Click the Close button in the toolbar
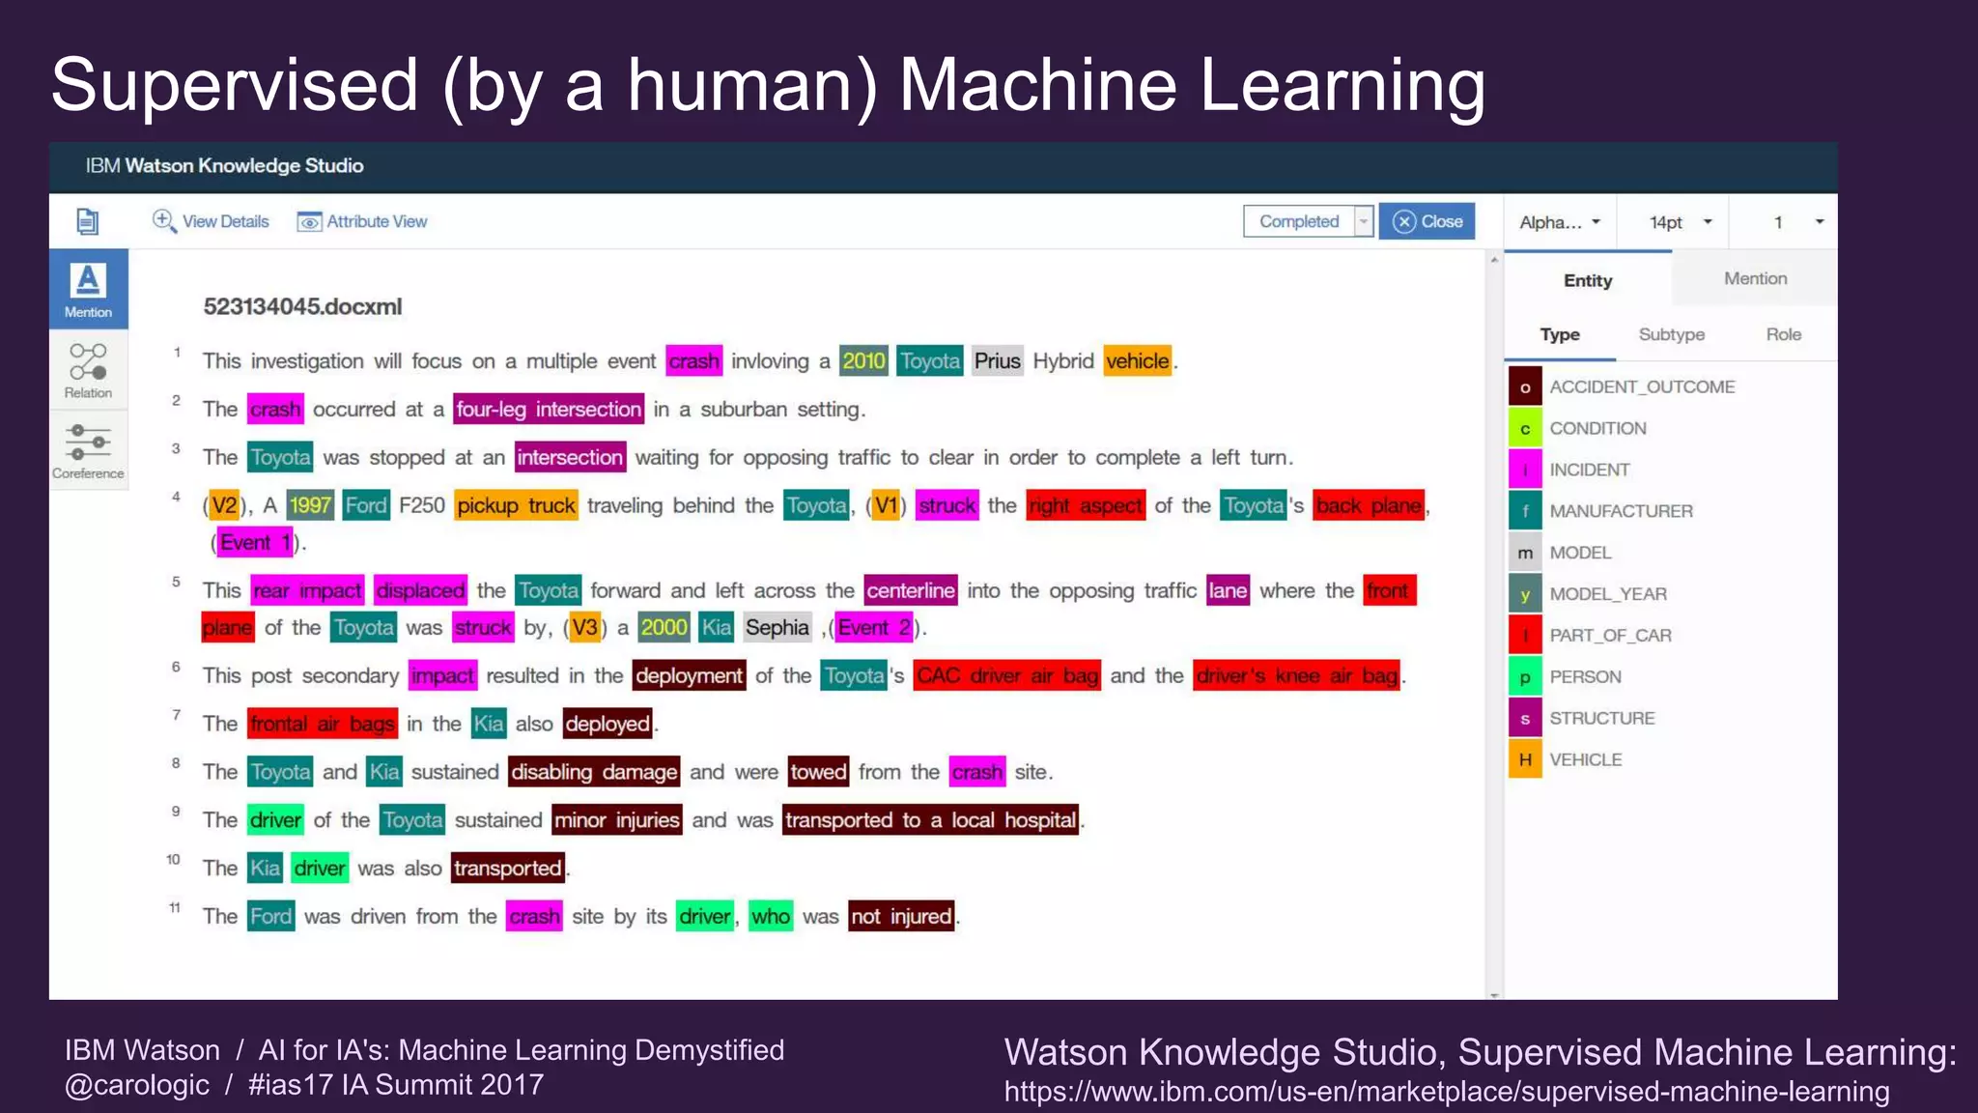pyautogui.click(x=1427, y=221)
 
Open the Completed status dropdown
pyautogui.click(x=1363, y=221)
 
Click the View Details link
pyautogui.click(x=211, y=221)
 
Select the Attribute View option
pyautogui.click(x=362, y=221)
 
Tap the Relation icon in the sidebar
pyautogui.click(x=88, y=370)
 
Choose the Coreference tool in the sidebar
pyautogui.click(x=88, y=450)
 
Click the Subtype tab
pyautogui.click(x=1671, y=334)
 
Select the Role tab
pyautogui.click(x=1783, y=334)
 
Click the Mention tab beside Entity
pyautogui.click(x=1755, y=278)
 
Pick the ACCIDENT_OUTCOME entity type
pyautogui.click(x=1642, y=386)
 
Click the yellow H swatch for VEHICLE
pyautogui.click(x=1525, y=759)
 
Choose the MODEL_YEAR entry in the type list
pyautogui.click(x=1608, y=593)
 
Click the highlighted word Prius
pyautogui.click(x=997, y=361)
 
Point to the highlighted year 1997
pyautogui.click(x=310, y=505)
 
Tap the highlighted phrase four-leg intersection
pyautogui.click(x=549, y=410)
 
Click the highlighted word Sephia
pyautogui.click(x=777, y=628)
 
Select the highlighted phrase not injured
pyautogui.click(x=901, y=916)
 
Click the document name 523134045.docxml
pyautogui.click(x=302, y=306)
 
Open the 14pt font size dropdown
pyautogui.click(x=1681, y=222)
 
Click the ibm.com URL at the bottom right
pyautogui.click(x=1446, y=1092)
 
